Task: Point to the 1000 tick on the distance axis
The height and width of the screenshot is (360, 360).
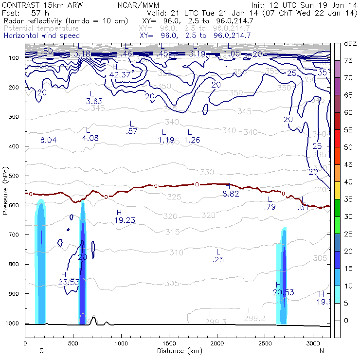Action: (121, 343)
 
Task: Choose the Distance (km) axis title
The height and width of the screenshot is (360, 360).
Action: (177, 350)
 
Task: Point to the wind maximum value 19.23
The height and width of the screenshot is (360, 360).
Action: (125, 220)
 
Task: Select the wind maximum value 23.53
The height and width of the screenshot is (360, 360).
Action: (69, 282)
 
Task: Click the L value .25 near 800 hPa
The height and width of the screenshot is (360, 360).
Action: (218, 260)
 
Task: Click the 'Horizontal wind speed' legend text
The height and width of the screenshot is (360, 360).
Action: (41, 36)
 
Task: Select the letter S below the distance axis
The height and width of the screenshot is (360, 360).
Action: (41, 350)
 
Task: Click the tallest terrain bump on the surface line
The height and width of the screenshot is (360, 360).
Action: (93, 319)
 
